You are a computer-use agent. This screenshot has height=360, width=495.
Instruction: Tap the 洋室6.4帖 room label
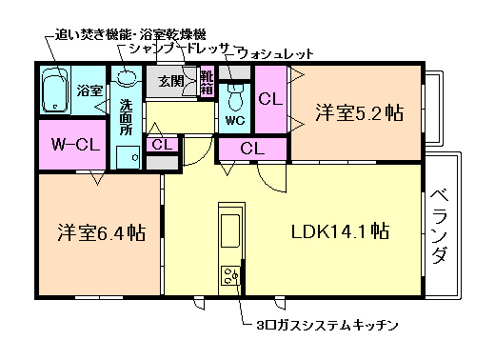(100, 232)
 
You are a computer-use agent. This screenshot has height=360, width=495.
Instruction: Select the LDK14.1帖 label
(339, 230)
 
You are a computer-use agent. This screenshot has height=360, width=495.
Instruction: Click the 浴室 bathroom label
(89, 91)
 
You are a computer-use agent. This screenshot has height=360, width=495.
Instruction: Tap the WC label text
(235, 122)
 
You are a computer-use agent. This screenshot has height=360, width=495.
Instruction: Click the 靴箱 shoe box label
(207, 81)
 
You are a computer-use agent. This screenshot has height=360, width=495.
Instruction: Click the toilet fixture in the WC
(235, 96)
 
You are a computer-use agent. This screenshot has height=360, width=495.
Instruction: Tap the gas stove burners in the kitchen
(231, 277)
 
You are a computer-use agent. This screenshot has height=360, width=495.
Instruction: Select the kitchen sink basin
(231, 230)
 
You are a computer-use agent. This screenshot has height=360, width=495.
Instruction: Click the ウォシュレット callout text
(273, 54)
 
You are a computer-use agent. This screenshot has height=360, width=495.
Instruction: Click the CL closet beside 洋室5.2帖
(269, 98)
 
